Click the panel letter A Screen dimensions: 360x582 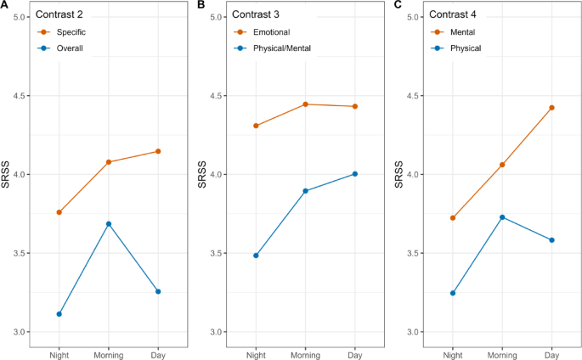pyautogui.click(x=5, y=5)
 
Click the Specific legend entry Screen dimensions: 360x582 pyautogui.click(x=71, y=32)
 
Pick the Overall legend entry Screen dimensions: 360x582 pyautogui.click(x=69, y=48)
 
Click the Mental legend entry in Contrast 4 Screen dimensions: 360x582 pyautogui.click(x=464, y=32)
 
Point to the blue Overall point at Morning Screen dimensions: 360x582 pyautogui.click(x=109, y=223)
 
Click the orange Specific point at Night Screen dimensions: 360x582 pyautogui.click(x=59, y=212)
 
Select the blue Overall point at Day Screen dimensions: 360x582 pyautogui.click(x=158, y=291)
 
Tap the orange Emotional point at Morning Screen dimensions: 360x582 pyautogui.click(x=305, y=104)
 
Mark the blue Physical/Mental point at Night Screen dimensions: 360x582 pyautogui.click(x=256, y=256)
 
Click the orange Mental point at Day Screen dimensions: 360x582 pyautogui.click(x=551, y=108)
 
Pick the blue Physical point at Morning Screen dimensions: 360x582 pyautogui.click(x=502, y=217)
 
